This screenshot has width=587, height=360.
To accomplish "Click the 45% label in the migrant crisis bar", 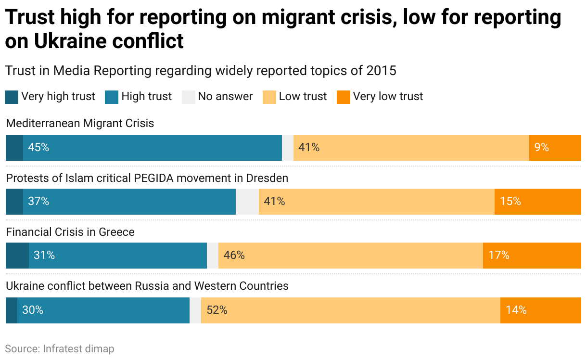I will (38, 147).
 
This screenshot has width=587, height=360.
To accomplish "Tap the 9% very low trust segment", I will (555, 147).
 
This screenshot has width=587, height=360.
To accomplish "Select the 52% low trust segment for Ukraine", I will (350, 310).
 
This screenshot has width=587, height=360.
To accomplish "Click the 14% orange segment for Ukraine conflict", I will (540, 310).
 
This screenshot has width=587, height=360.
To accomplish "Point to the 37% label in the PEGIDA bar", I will (38, 201).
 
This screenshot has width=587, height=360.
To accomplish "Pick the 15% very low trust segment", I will (537, 201).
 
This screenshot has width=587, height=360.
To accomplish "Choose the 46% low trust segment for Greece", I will (350, 255).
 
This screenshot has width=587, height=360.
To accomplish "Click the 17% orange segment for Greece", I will (532, 255).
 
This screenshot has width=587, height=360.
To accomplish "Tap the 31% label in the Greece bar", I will (44, 255).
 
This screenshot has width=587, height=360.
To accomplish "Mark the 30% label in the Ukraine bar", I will (33, 310).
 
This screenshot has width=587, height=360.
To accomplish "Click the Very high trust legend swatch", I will (12, 97).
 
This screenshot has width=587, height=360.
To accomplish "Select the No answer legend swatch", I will (188, 97).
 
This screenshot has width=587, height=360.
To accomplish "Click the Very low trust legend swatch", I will (344, 97).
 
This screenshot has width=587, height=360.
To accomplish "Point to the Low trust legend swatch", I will (269, 97).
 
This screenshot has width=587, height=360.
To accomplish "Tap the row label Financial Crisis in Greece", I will (70, 232).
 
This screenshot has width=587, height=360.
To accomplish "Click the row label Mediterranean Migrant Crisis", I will (80, 123).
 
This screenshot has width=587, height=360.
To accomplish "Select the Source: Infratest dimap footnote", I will (60, 348).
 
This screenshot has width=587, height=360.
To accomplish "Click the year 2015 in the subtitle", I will (381, 70).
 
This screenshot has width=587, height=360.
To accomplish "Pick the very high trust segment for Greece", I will (17, 255).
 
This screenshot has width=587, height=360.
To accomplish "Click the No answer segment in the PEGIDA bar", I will (247, 201).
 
